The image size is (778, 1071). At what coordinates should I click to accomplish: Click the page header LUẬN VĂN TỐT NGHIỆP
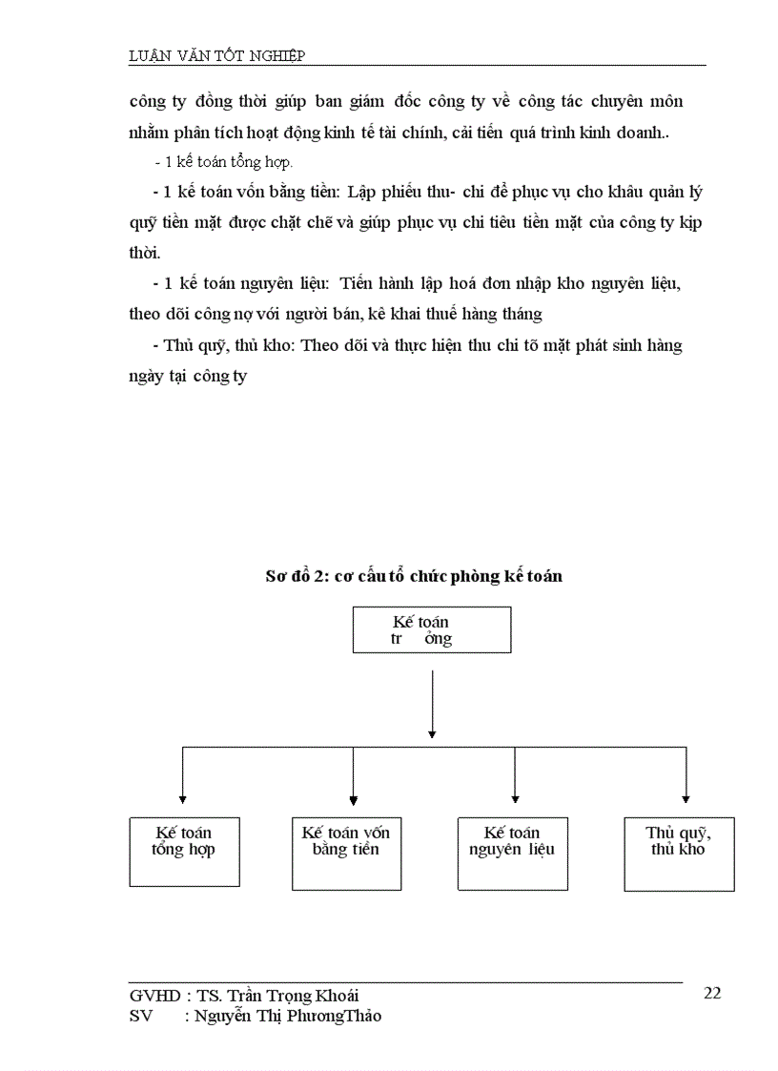216,55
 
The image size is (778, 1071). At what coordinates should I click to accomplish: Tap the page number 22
711,993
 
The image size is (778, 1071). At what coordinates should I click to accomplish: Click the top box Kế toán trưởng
431,630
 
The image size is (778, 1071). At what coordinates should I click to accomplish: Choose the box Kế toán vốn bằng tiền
346,853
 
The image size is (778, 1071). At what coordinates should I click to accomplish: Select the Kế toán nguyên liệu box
513,853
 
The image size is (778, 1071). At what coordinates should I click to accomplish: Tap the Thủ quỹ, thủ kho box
679,853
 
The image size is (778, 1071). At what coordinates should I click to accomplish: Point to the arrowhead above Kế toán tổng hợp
183,799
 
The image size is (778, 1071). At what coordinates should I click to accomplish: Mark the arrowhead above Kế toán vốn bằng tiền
354,799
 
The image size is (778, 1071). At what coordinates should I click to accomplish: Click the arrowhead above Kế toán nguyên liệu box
515,797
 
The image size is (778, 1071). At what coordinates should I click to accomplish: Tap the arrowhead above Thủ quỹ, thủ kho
686,797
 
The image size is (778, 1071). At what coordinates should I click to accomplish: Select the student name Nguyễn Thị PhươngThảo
287,1016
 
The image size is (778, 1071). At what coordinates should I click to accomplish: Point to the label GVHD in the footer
154,996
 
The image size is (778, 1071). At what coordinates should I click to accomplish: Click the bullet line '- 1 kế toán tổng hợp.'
223,162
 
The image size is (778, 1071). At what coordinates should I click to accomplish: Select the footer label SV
140,1016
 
